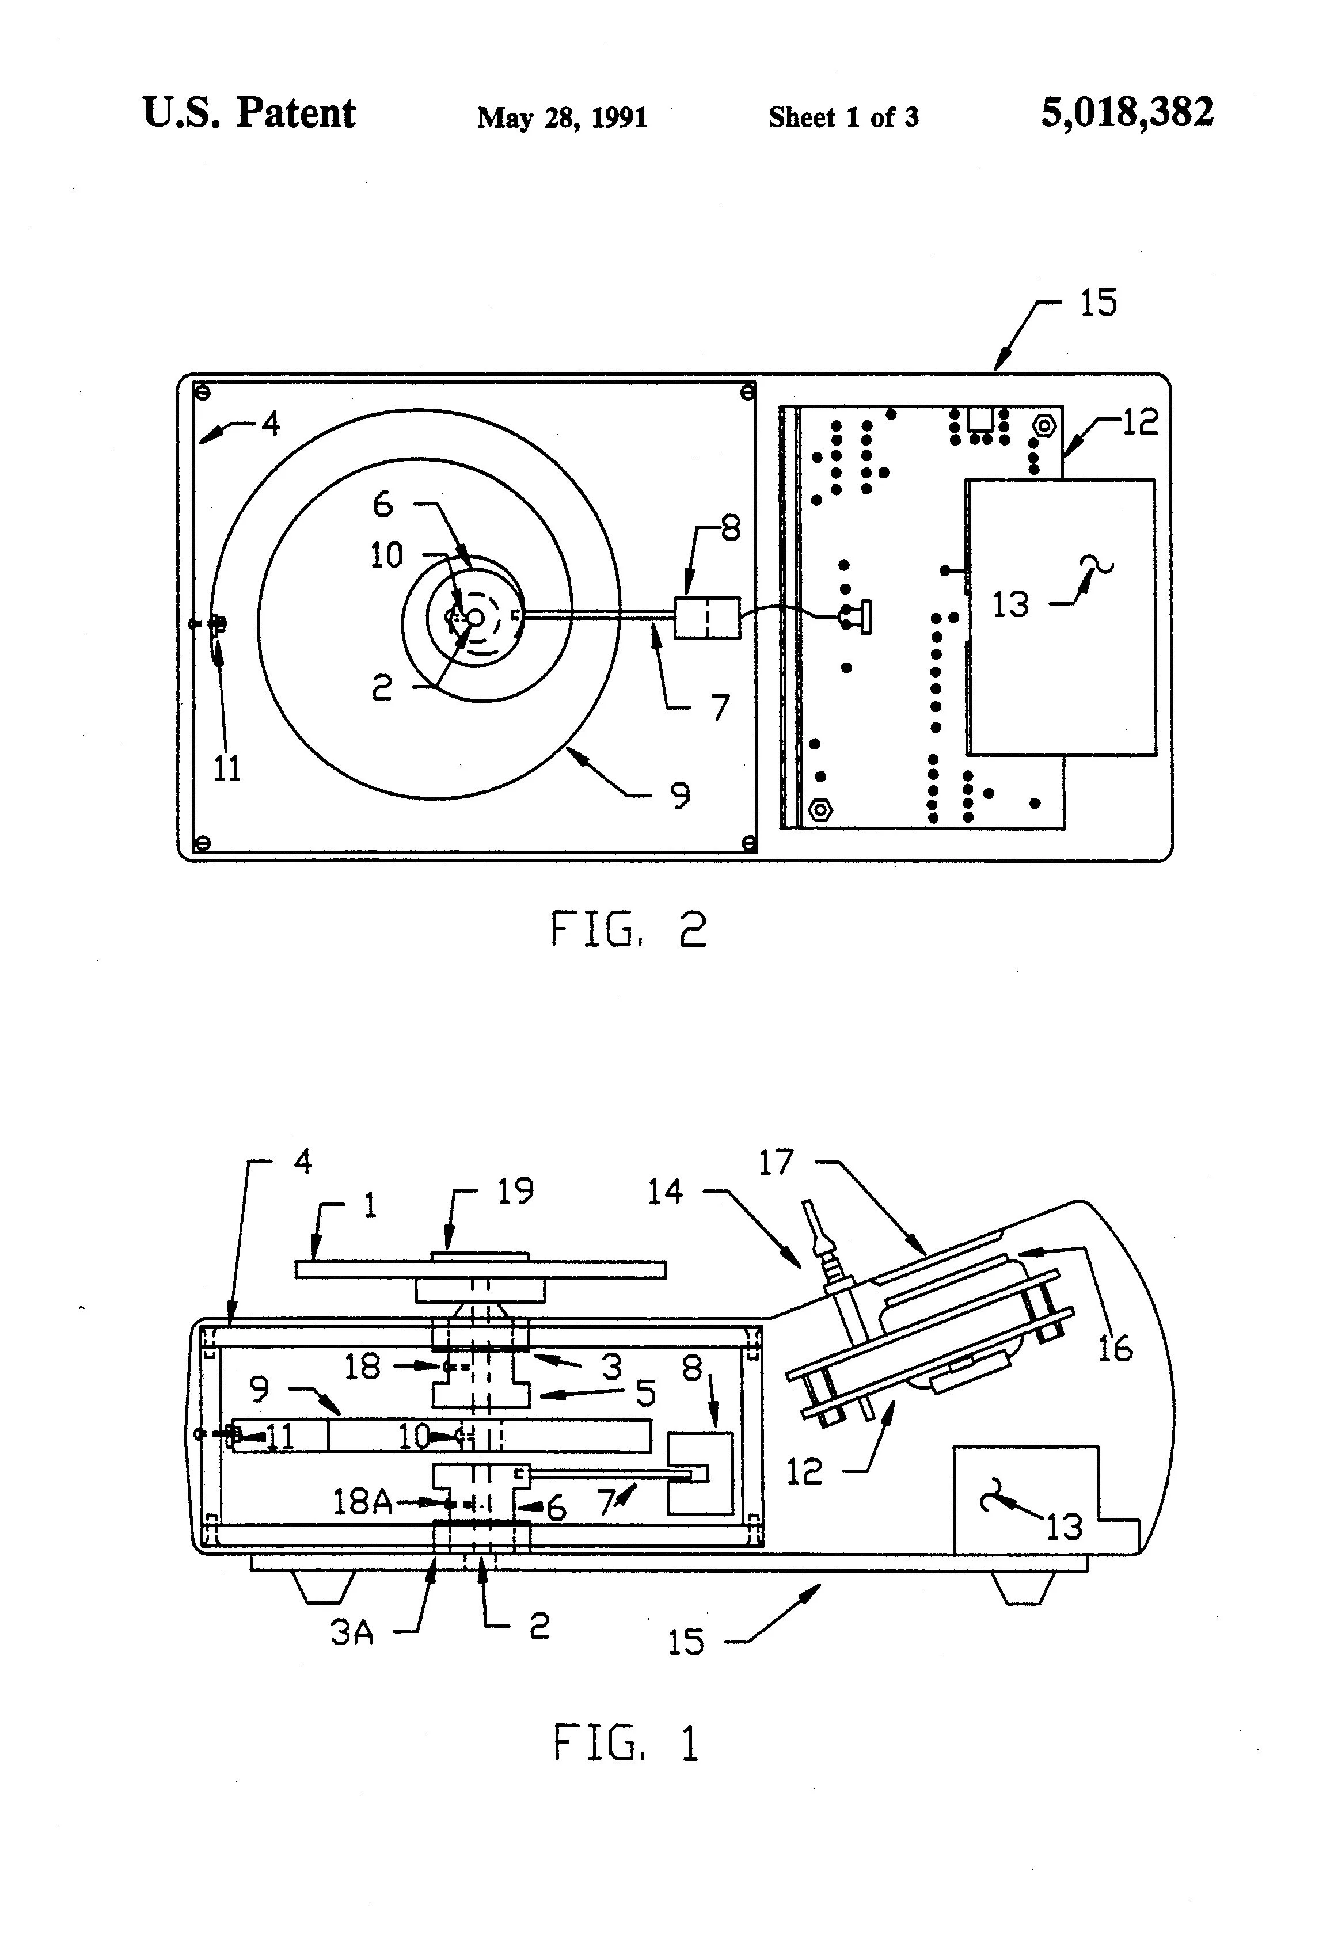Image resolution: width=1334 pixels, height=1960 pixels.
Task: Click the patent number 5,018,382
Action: point(1127,112)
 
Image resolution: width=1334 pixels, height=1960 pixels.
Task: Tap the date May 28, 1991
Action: point(562,117)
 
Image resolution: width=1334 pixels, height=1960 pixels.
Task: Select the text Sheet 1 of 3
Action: point(843,117)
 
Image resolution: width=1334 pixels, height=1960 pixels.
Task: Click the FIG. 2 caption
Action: point(629,930)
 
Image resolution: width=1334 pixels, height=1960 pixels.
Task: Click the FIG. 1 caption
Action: point(626,1742)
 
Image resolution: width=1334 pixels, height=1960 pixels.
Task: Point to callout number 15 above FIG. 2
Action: point(1099,303)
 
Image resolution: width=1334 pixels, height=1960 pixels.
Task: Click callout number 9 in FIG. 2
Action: point(680,796)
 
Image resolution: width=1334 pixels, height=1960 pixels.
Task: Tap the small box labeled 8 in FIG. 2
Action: point(707,618)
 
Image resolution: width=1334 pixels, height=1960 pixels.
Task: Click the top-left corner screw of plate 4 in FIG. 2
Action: point(201,391)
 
